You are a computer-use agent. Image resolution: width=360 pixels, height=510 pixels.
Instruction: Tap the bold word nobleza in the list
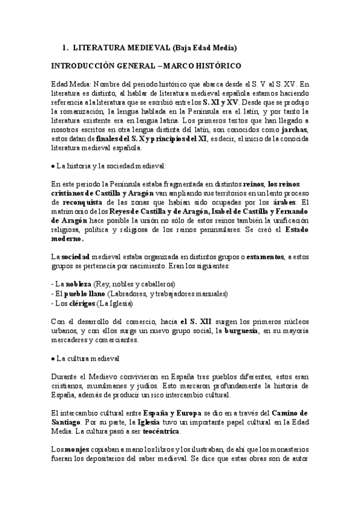pyautogui.click(x=78, y=283)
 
